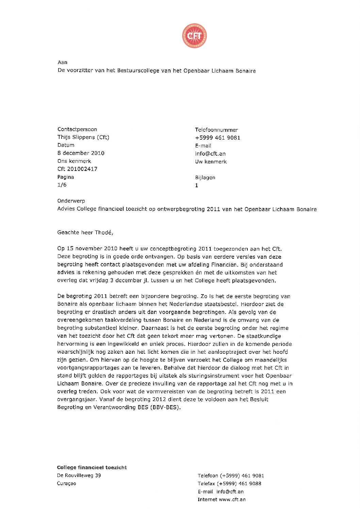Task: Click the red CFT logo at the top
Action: coord(194,36)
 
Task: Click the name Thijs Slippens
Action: coord(76,137)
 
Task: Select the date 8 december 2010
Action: coord(81,153)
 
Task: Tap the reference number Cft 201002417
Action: coord(77,169)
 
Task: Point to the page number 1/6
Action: coord(62,185)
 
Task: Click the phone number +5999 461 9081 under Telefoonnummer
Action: coord(217,138)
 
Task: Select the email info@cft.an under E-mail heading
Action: coord(210,154)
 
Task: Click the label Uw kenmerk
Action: coord(211,162)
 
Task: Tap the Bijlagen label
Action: coord(205,177)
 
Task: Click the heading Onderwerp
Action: coord(71,201)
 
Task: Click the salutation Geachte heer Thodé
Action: coord(85,233)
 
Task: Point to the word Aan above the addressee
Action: coord(63,62)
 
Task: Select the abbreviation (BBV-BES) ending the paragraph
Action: coord(165,407)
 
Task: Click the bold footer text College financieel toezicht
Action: coord(92,467)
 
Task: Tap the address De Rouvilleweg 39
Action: coord(79,476)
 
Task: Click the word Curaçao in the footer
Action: coord(66,483)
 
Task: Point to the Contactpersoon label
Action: coord(77,129)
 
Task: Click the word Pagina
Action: coord(66,177)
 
